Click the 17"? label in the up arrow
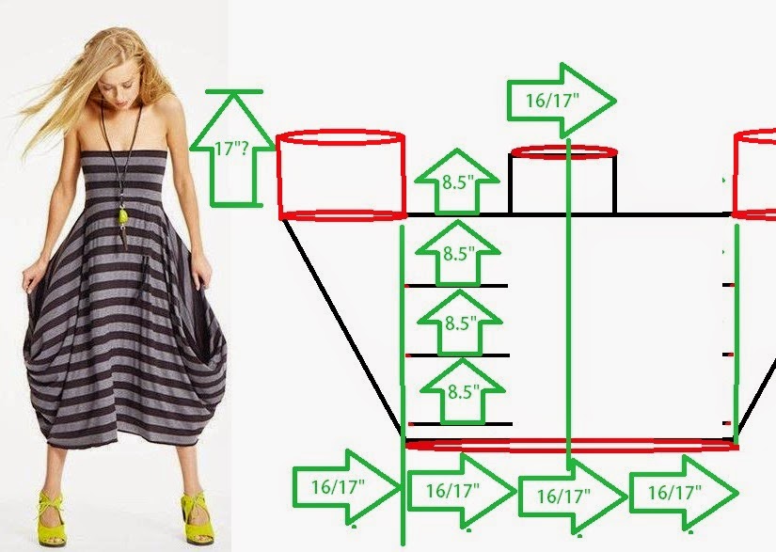231,149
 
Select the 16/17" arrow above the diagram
562,101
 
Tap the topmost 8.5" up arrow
456,181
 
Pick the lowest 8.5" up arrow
463,391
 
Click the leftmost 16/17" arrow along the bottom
346,487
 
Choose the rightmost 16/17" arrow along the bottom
684,493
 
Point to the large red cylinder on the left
341,175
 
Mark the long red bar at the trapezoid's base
572,445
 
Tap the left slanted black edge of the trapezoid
342,327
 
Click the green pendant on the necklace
122,216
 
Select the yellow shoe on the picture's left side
52,518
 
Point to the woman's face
117,89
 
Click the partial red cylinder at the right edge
754,175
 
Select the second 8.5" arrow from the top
458,253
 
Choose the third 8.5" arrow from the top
460,323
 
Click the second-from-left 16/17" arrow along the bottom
461,491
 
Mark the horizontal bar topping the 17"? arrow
234,91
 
